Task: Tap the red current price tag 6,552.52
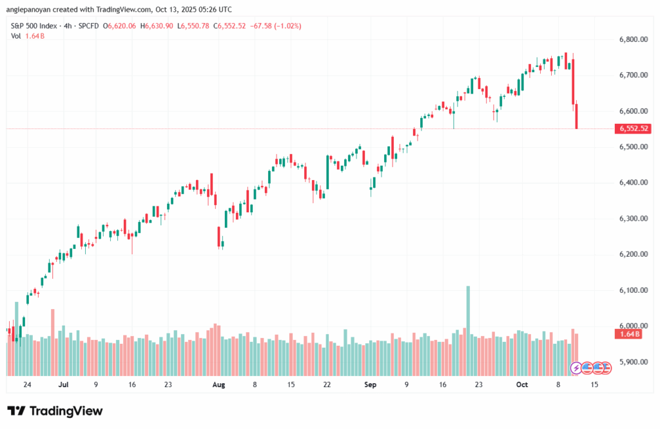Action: (634, 129)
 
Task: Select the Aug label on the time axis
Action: (218, 384)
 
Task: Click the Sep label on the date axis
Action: (369, 384)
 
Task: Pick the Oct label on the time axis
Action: (522, 384)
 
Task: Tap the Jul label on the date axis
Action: (63, 384)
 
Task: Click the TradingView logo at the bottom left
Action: (55, 411)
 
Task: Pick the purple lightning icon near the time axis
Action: (576, 368)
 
